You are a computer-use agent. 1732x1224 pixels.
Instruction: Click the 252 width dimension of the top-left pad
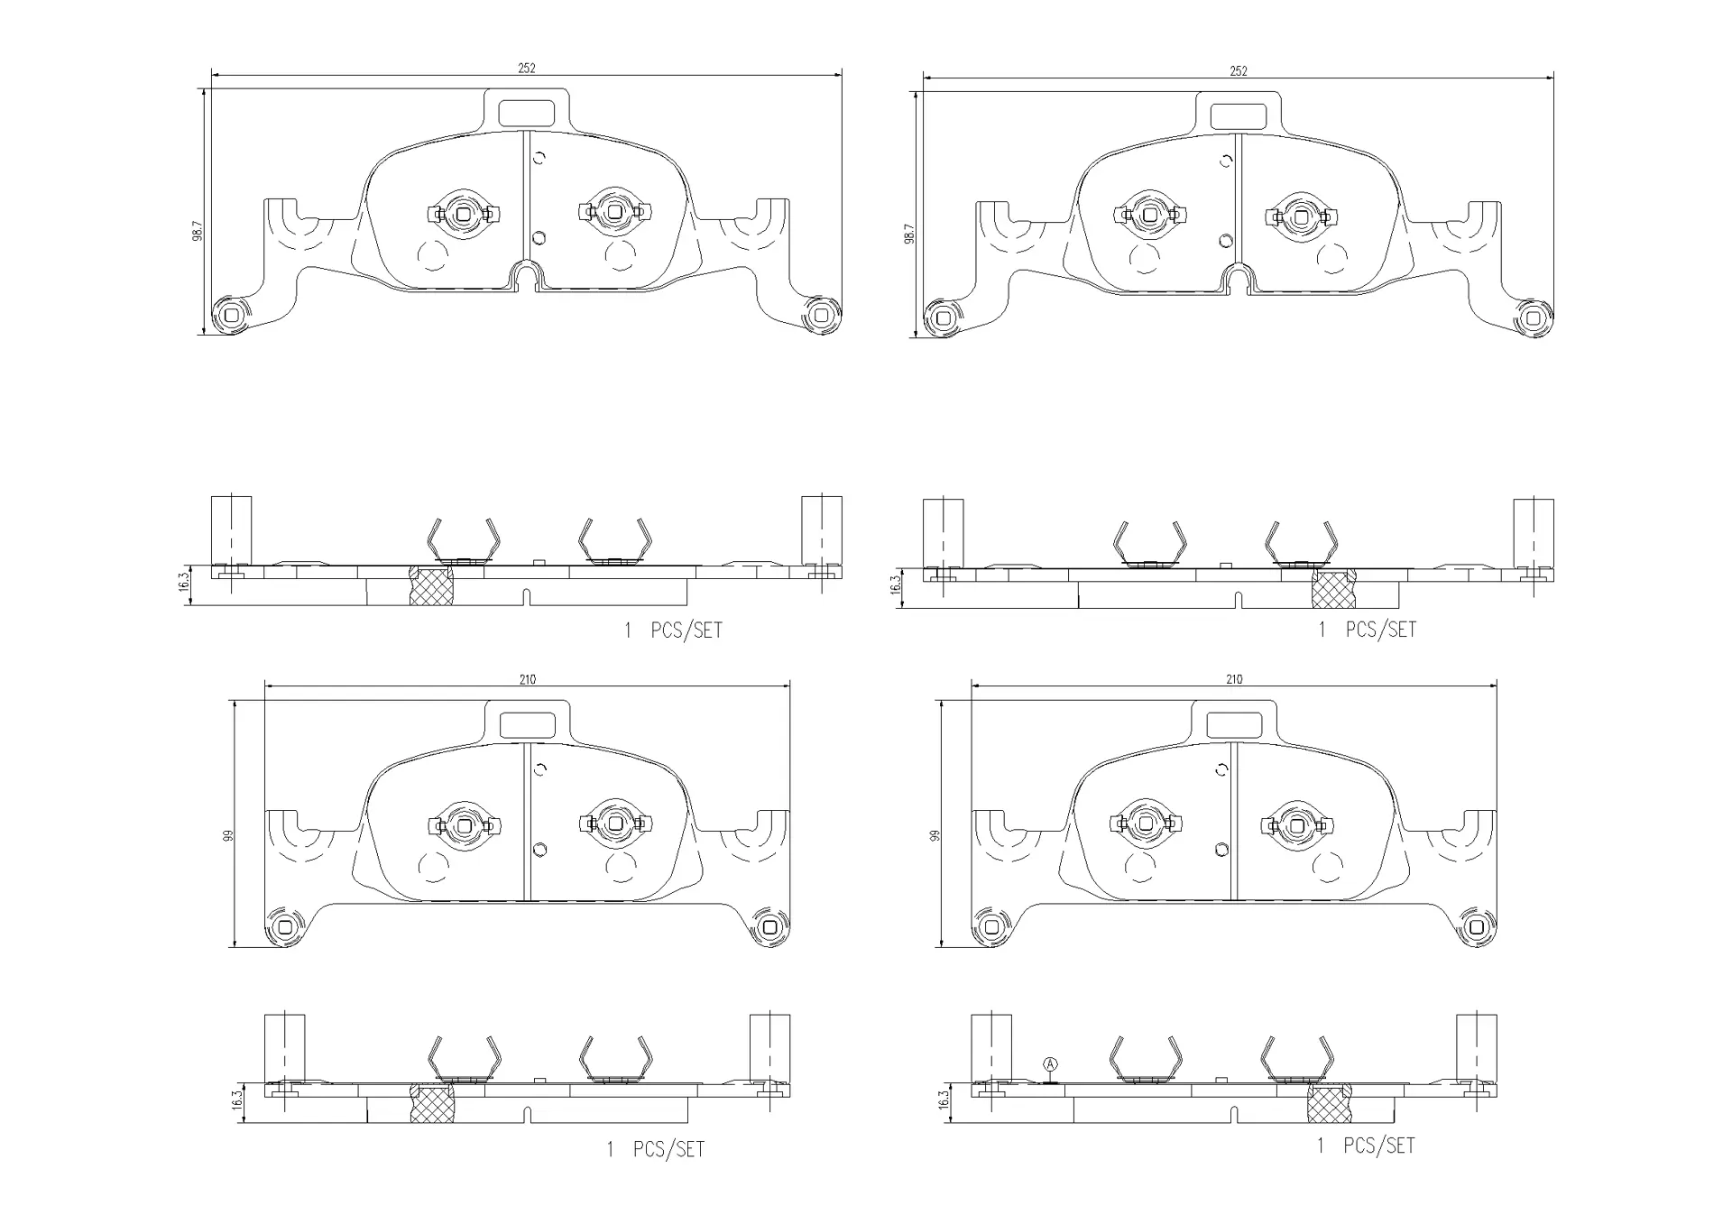(527, 68)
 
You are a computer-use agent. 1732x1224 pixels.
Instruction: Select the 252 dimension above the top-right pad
(1239, 71)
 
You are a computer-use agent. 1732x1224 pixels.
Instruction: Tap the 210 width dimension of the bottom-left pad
(528, 679)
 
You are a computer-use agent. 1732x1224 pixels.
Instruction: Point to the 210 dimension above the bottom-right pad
(1234, 679)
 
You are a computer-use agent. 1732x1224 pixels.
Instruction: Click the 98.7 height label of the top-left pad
(198, 231)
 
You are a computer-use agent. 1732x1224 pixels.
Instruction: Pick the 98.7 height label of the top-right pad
(909, 235)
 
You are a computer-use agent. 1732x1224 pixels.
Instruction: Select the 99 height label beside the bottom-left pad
(228, 836)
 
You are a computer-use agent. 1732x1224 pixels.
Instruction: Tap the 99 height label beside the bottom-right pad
(935, 836)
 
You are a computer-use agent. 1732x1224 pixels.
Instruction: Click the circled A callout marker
(1050, 1064)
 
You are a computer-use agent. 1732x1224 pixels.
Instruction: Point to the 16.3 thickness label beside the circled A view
(944, 1101)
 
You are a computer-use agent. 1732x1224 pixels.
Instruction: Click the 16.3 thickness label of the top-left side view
(184, 584)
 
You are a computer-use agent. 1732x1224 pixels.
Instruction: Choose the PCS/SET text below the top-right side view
(1380, 630)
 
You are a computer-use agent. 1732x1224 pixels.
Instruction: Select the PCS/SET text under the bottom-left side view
(668, 1149)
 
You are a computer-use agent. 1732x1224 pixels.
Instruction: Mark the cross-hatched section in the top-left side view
(431, 585)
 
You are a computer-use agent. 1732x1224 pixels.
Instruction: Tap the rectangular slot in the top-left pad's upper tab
(527, 113)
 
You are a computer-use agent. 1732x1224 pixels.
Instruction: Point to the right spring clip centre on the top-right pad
(1300, 216)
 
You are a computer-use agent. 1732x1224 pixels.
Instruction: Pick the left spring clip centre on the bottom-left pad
(464, 824)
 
